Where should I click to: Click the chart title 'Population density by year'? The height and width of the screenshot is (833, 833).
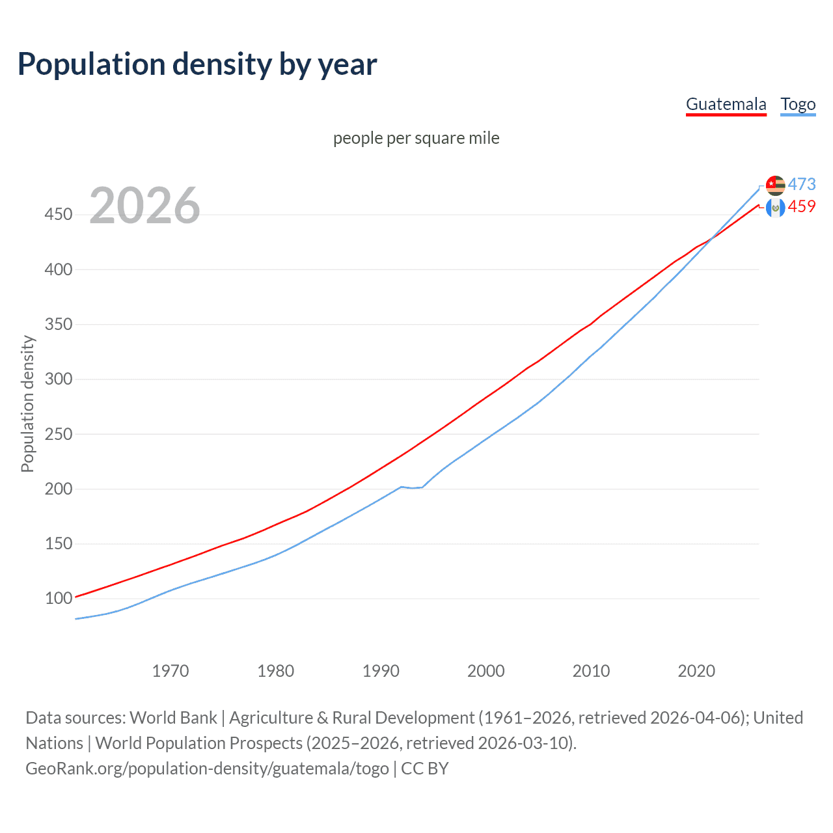pos(197,64)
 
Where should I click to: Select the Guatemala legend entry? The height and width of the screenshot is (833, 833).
pos(726,104)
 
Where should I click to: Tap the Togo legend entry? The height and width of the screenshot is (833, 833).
pos(798,104)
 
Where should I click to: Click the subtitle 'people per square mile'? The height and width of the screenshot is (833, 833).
pos(416,138)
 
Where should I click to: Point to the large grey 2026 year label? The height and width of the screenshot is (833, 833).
pos(144,206)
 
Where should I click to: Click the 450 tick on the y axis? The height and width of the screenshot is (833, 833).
pos(59,214)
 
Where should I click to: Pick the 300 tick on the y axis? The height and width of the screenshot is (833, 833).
pos(59,379)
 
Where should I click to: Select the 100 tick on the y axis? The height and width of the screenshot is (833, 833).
pos(59,598)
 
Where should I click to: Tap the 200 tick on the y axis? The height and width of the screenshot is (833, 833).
pos(59,489)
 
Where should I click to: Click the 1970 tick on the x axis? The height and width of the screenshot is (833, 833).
pos(171,671)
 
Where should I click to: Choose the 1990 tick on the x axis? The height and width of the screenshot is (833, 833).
pos(381,671)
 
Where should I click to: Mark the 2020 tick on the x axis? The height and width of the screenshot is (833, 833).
pos(696,671)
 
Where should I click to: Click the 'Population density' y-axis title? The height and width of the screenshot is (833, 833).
pos(27,403)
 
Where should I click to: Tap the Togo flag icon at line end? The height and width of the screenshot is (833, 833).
pos(775,185)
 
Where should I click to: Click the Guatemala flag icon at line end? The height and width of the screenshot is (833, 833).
pos(775,208)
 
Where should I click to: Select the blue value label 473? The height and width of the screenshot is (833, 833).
pos(802,184)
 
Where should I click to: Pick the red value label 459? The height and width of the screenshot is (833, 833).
pos(802,206)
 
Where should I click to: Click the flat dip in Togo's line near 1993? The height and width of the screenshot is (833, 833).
pos(412,487)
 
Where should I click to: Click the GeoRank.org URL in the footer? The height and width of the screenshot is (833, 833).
pos(207,769)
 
